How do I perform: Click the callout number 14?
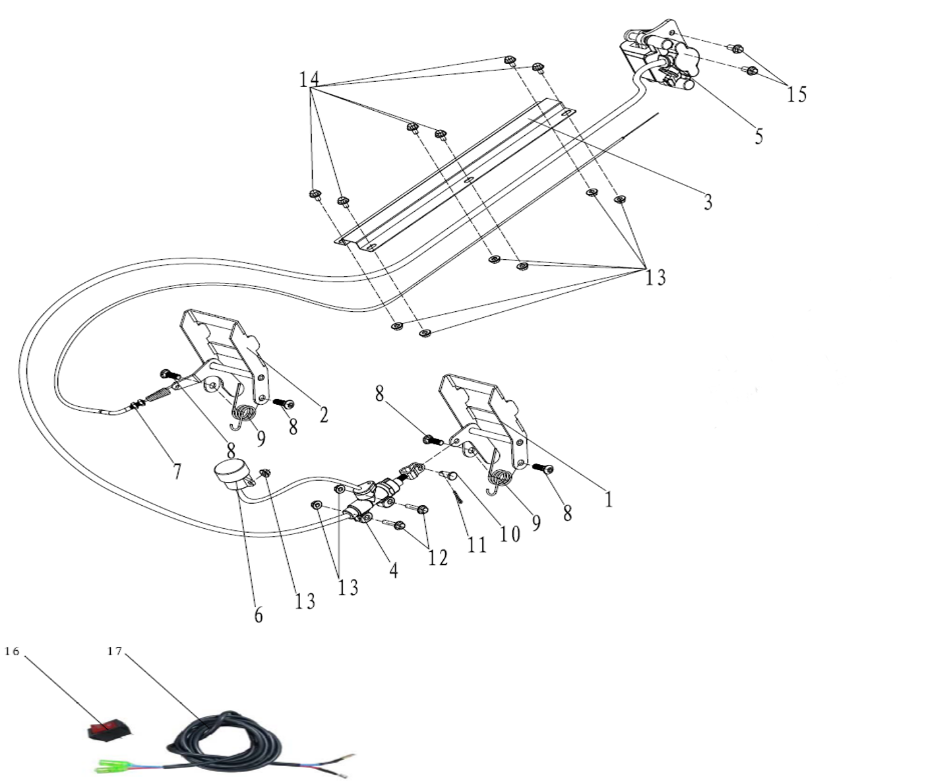coord(309,80)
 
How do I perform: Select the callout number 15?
coord(796,95)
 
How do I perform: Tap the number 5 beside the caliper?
coord(758,136)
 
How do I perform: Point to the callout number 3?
coord(708,202)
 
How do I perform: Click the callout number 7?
coord(176,471)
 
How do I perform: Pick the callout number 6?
coord(259,615)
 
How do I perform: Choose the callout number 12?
coord(437,558)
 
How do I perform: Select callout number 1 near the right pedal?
coord(609,499)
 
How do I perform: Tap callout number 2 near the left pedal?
coord(323,415)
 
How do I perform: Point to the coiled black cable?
coord(224,735)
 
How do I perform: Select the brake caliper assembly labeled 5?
coord(660,59)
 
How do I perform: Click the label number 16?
coord(13,651)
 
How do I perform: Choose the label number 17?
coord(115,651)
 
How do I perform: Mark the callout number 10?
coord(509,533)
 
